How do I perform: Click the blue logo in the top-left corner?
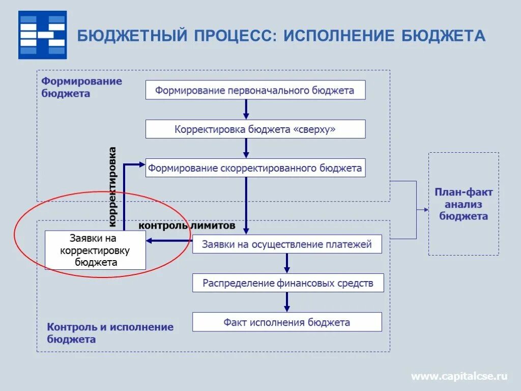[x=43, y=35]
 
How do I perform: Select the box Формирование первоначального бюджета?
[x=255, y=90]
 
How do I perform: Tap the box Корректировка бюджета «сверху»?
[x=255, y=129]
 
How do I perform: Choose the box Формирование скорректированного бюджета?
[x=255, y=168]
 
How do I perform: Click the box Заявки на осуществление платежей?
[x=287, y=244]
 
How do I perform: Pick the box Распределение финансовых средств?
[x=287, y=283]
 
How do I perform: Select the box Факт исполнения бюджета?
[x=286, y=322]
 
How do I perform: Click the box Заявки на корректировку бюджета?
[x=95, y=250]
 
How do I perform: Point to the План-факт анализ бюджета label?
[x=464, y=204]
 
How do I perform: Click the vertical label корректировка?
[x=113, y=186]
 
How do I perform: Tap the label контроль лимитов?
[x=187, y=225]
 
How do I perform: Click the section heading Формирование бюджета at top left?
[x=81, y=87]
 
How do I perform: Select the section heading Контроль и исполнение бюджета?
[x=110, y=333]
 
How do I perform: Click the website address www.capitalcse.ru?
[x=459, y=376]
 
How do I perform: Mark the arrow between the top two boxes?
[x=246, y=109]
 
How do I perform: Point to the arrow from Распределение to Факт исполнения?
[x=287, y=302]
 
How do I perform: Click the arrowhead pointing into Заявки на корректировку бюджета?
[x=151, y=241]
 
